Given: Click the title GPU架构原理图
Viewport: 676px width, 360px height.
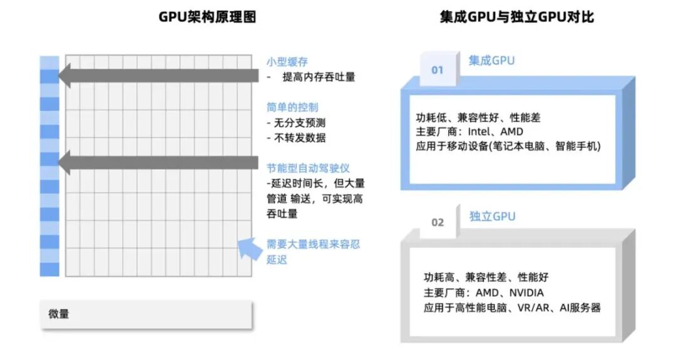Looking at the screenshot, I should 207,17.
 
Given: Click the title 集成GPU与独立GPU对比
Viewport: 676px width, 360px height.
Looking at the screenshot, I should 517,17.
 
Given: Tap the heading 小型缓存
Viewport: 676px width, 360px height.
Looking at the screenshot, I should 287,61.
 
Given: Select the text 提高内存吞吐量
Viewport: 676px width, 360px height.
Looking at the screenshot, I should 319,77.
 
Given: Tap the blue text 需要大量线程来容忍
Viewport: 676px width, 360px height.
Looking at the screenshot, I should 314,244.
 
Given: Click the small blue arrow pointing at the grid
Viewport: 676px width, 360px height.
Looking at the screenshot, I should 248,249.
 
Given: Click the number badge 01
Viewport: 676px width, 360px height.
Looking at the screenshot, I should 437,69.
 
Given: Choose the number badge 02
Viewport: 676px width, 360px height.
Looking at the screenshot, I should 437,222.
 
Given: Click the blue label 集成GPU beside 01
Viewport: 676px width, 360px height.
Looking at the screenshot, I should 492,60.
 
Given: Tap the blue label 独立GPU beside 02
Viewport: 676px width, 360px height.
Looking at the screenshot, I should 492,216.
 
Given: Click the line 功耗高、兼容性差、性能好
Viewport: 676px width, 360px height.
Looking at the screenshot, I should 485,277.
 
